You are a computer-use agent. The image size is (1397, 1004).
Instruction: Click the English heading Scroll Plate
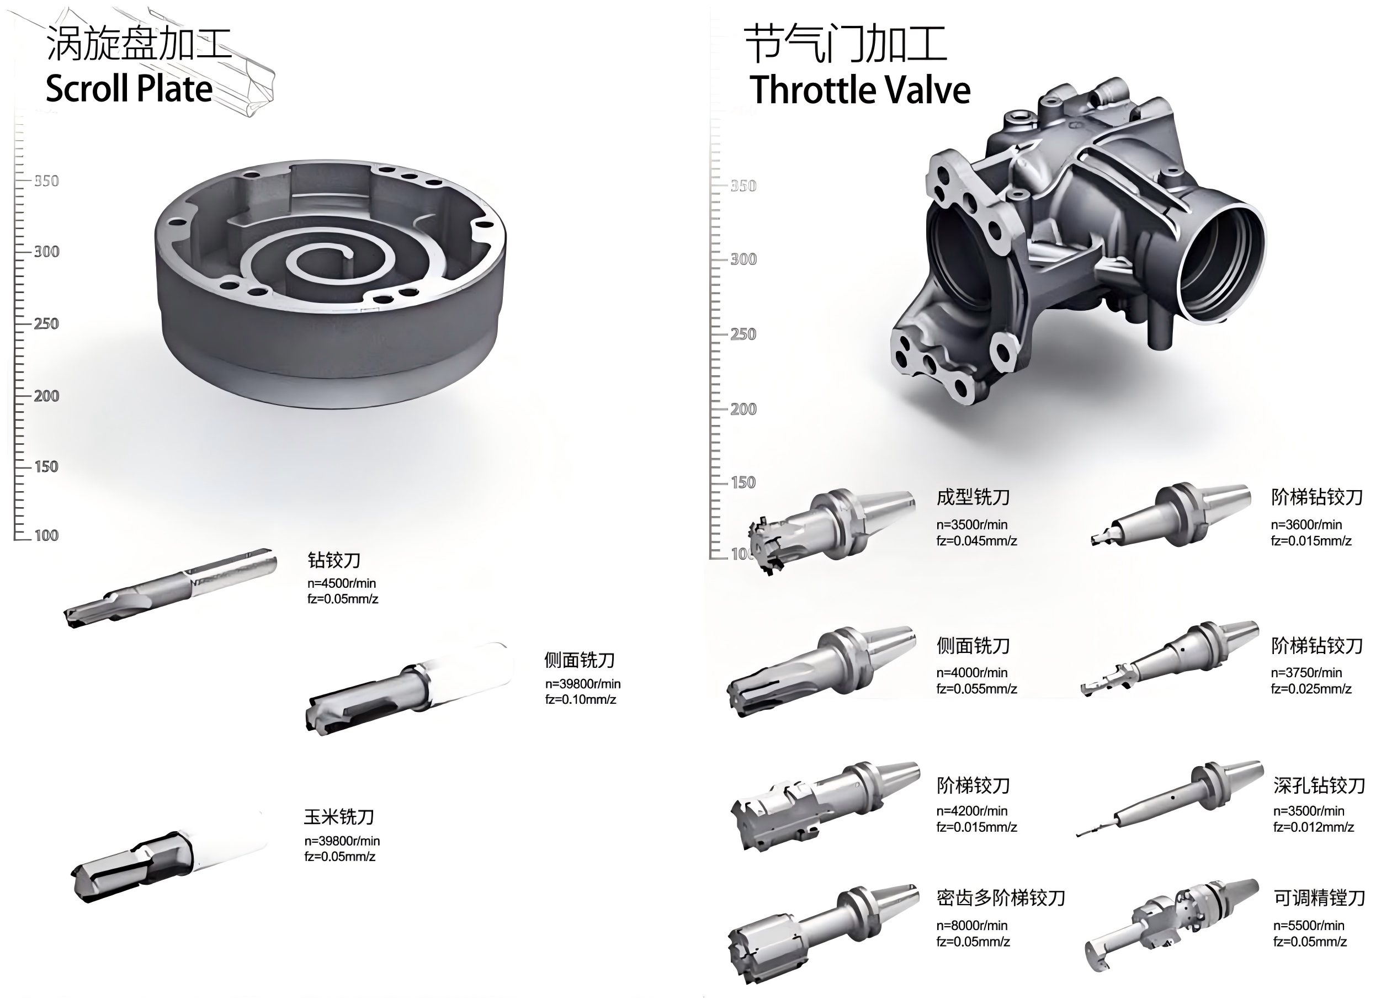click(129, 89)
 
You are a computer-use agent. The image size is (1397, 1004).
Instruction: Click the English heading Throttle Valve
click(859, 90)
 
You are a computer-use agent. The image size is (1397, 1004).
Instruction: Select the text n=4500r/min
click(341, 583)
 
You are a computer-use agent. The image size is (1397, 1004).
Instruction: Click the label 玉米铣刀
click(339, 817)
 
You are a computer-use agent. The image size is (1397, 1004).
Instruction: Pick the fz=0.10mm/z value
click(580, 700)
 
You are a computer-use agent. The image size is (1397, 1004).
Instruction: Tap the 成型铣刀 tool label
click(973, 497)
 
